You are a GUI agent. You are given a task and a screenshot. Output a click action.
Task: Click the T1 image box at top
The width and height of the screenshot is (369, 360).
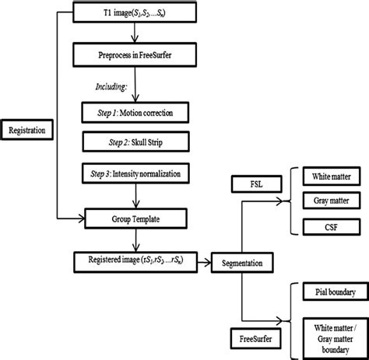pyautogui.click(x=135, y=13)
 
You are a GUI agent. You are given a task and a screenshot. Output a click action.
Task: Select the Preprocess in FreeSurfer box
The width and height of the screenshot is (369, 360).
pyautogui.click(x=135, y=54)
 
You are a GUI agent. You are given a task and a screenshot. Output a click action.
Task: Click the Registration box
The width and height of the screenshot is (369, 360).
pyautogui.click(x=30, y=129)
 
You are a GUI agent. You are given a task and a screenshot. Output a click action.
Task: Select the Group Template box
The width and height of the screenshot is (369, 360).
pyautogui.click(x=135, y=219)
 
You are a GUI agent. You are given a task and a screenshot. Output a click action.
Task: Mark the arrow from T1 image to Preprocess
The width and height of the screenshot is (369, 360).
pyautogui.click(x=135, y=33)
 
